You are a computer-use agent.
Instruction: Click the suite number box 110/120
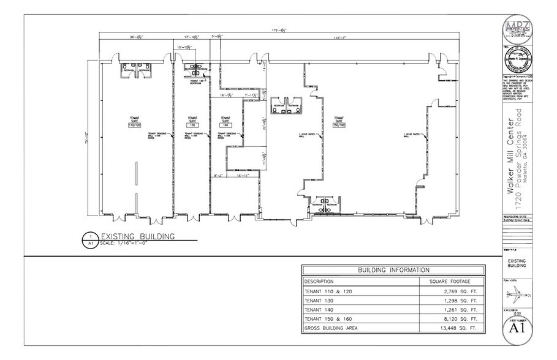click(134, 124)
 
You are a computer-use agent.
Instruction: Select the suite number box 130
click(192, 124)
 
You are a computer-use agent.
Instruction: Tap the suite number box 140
click(223, 124)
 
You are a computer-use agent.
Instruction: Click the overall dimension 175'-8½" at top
click(279, 29)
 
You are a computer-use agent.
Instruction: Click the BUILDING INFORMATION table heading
click(393, 270)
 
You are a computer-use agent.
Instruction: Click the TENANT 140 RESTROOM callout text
click(196, 81)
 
